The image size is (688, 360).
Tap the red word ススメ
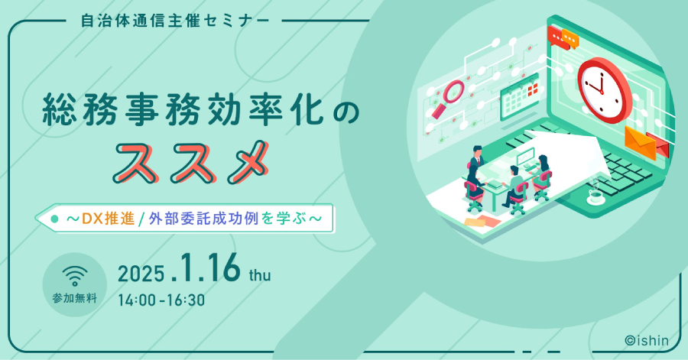tap(190, 162)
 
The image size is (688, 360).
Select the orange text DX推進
tap(108, 219)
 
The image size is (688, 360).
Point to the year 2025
tap(141, 274)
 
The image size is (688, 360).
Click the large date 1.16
tap(206, 268)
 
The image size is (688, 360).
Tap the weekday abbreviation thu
tap(260, 274)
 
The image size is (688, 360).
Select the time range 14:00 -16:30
tap(161, 300)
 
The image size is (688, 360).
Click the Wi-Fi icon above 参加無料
tap(75, 276)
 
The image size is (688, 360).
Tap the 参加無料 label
tap(75, 298)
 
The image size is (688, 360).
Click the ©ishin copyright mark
tap(647, 340)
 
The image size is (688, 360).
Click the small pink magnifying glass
tap(448, 99)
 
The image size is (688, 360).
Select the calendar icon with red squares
tap(520, 97)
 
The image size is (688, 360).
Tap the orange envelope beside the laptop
tap(641, 142)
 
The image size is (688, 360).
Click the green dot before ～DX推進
tap(54, 219)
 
